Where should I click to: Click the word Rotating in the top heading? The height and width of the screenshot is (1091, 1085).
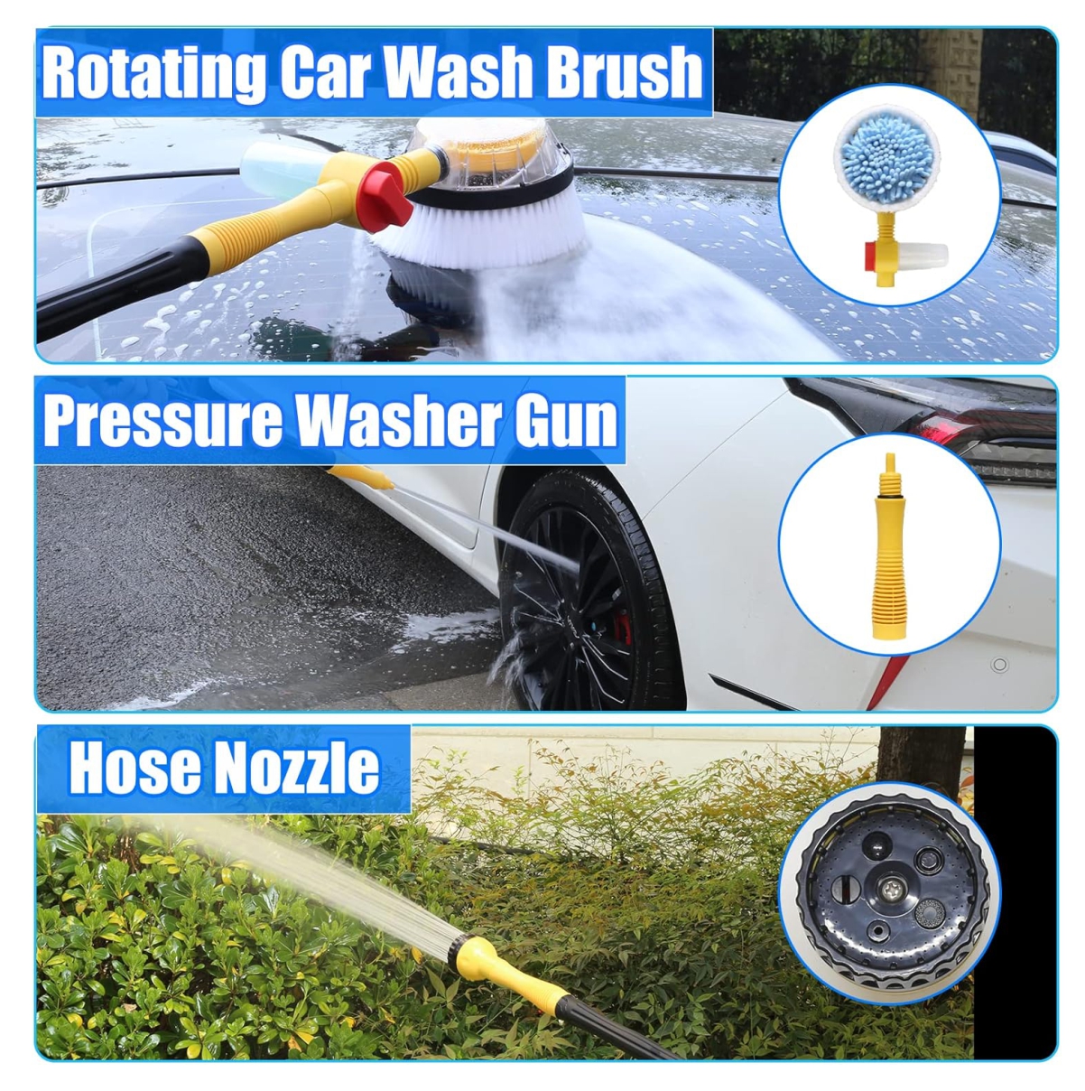pyautogui.click(x=154, y=72)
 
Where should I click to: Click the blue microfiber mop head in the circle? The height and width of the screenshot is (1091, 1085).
pyautogui.click(x=887, y=162)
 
